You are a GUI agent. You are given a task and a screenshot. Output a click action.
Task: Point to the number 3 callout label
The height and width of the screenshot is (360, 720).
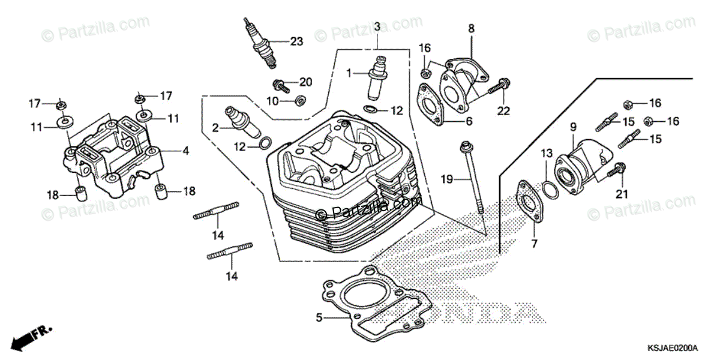click(x=377, y=26)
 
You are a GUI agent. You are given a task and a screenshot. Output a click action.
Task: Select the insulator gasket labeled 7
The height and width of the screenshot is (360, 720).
click(x=526, y=201)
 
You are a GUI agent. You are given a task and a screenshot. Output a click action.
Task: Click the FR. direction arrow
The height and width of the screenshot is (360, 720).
click(x=27, y=338)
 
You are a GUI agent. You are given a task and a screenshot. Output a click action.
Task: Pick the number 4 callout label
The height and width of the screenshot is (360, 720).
click(x=185, y=151)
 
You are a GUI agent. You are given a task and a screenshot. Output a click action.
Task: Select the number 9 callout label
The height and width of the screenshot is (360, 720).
click(x=572, y=127)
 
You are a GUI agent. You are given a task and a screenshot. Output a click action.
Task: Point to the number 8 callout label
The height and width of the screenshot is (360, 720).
click(x=471, y=28)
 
